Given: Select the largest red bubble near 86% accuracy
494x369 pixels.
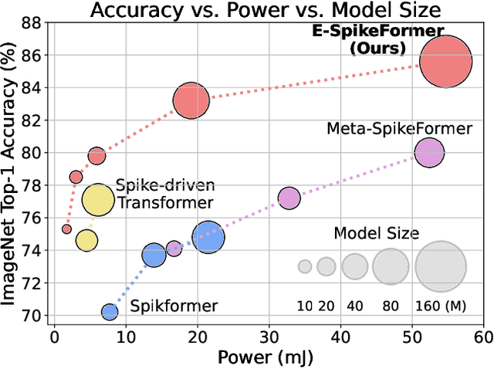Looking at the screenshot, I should [445, 62].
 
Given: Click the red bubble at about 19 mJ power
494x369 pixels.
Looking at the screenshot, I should [191, 100].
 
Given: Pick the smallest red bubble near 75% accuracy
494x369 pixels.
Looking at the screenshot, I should [67, 229].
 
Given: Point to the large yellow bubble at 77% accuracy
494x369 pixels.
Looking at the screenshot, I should [97, 200].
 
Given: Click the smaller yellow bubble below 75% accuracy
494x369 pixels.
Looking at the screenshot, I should [86, 240].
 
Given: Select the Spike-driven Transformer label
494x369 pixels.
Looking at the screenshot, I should [164, 195].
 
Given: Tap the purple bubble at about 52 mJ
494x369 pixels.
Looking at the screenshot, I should [429, 153].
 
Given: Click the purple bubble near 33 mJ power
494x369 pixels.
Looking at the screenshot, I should [289, 198].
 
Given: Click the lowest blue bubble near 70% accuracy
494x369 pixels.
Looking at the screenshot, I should [110, 312].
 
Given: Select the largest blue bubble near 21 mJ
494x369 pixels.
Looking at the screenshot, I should [208, 238].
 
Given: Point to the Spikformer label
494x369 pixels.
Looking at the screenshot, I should [174, 306].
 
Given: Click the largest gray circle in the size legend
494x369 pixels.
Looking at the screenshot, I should [441, 266].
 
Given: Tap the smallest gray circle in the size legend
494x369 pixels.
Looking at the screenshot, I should [305, 266].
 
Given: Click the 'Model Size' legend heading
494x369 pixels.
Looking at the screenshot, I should [376, 233].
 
